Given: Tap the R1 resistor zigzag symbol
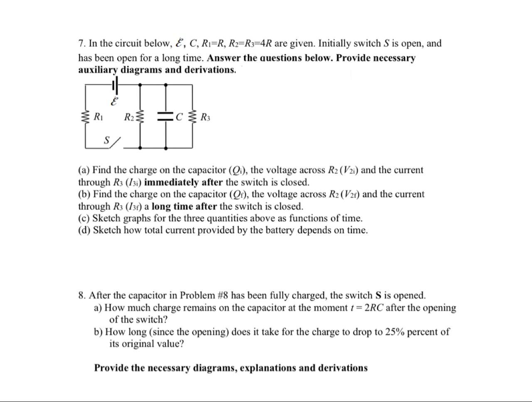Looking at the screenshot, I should click(x=86, y=117).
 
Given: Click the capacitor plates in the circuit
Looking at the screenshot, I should click(x=165, y=117).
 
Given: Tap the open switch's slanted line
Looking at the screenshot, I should click(x=117, y=142).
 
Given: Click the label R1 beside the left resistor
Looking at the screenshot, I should click(x=99, y=117).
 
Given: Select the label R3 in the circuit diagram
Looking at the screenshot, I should click(x=205, y=118).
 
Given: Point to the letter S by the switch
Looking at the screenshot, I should click(x=107, y=140).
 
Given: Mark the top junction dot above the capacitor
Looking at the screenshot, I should click(x=166, y=85).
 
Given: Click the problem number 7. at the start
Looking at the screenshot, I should click(x=82, y=44).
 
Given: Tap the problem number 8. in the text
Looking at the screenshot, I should click(x=82, y=296).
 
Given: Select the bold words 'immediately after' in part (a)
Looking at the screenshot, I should click(x=183, y=182).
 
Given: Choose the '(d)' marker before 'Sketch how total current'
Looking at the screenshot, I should click(x=84, y=230).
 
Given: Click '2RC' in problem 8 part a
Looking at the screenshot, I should click(x=374, y=308).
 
